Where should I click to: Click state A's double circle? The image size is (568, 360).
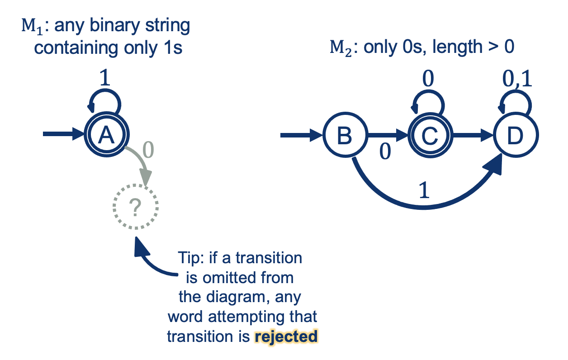tap(107, 135)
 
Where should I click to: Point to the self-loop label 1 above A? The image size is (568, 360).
tap(104, 79)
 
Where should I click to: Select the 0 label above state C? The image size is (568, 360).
tap(428, 80)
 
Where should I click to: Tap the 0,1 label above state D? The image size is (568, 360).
tap(517, 80)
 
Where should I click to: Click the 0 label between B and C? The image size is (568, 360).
tap(384, 152)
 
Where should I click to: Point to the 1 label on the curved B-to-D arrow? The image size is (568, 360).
tap(423, 191)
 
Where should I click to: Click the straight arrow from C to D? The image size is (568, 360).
tap(472, 135)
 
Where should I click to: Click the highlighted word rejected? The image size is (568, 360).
tap(286, 337)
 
